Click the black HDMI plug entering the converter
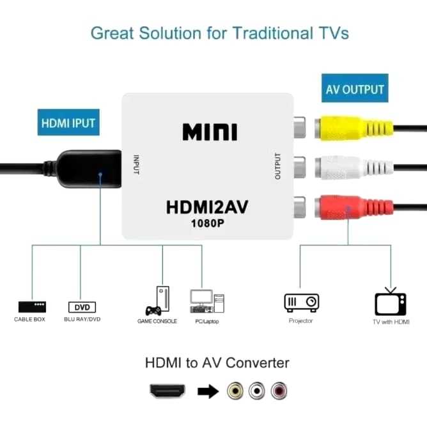[89, 167]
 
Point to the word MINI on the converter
[210, 131]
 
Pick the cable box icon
[30, 306]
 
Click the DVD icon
[81, 307]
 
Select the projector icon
[301, 301]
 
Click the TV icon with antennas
[391, 300]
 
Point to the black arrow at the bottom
[206, 390]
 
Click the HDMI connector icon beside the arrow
[167, 390]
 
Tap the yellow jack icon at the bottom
[236, 390]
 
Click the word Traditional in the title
[268, 33]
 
